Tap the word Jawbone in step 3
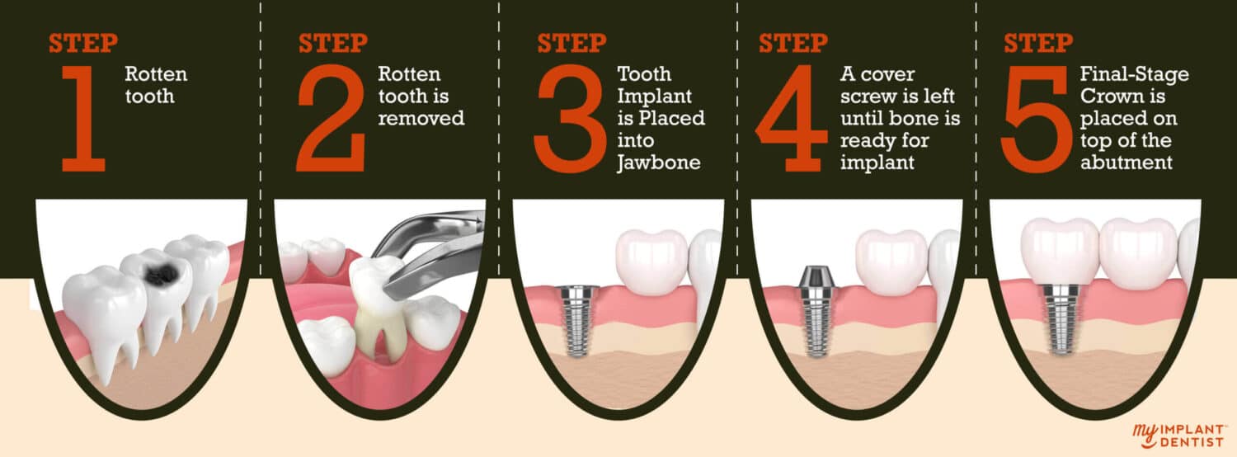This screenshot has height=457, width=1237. click(x=659, y=163)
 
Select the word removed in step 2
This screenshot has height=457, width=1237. click(x=421, y=119)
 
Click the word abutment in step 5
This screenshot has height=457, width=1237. click(x=1126, y=163)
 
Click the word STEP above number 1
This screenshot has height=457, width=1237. click(x=82, y=43)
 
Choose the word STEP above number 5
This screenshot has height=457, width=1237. click(x=1037, y=43)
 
